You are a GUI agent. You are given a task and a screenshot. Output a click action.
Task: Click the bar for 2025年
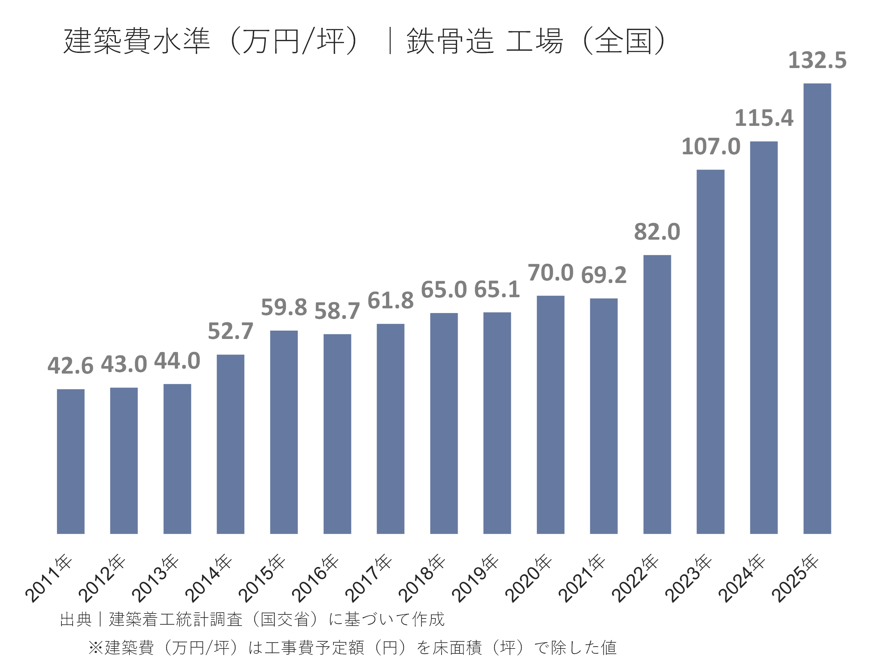[x=817, y=308]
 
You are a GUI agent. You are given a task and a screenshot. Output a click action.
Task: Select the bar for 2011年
[x=70, y=461]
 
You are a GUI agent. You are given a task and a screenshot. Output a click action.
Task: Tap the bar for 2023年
[x=710, y=352]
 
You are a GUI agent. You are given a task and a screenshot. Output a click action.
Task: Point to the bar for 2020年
[x=550, y=415]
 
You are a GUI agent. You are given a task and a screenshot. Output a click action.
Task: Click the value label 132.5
[x=817, y=60]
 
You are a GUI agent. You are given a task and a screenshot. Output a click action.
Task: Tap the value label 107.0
[x=710, y=147]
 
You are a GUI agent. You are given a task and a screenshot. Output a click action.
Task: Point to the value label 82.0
[x=657, y=232]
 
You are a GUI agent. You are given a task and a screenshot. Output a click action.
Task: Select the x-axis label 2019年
[x=475, y=578]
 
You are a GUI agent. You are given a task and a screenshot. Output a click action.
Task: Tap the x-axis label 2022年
[x=635, y=578]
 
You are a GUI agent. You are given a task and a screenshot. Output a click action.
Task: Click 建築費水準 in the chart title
[x=137, y=41]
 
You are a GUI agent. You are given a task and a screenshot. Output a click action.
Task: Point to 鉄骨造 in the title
[x=450, y=41]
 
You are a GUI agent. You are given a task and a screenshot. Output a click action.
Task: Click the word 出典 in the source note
[x=76, y=619]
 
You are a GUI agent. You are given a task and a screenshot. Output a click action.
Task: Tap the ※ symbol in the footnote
[x=96, y=648]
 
